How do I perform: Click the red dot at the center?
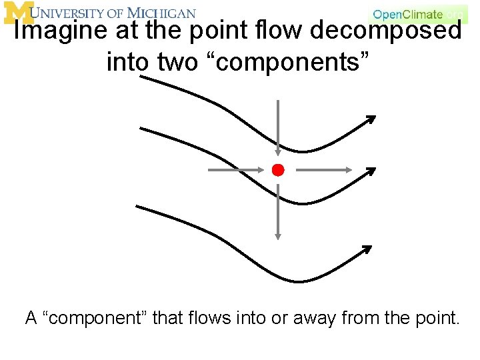tap(278, 169)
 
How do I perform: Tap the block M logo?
tap(18, 13)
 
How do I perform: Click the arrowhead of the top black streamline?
tap(370, 121)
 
